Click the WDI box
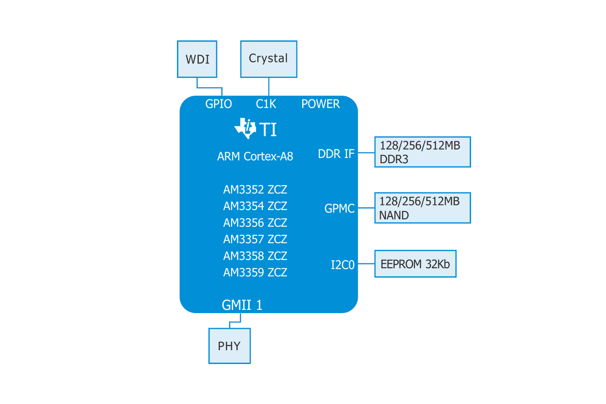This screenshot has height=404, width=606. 197,59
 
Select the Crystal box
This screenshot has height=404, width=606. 269,59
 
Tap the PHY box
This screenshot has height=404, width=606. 229,346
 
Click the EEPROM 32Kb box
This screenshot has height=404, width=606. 415,264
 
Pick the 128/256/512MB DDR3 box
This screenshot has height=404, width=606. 423,152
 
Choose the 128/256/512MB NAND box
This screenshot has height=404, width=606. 423,208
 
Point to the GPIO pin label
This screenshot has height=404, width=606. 219,104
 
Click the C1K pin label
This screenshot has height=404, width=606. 266,104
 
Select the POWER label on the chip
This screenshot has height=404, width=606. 320,104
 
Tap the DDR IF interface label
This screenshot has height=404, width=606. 336,154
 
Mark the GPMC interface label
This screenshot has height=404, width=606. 339,208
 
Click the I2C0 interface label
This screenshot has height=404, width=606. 342,265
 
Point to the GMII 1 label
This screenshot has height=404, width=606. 242,305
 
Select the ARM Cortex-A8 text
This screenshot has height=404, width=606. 255,156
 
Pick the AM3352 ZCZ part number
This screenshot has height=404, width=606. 255,189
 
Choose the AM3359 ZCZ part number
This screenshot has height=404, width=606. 255,272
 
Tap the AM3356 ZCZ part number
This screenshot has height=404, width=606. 255,223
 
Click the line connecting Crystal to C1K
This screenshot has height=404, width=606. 269,86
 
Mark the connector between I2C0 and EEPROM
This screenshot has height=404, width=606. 366,264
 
